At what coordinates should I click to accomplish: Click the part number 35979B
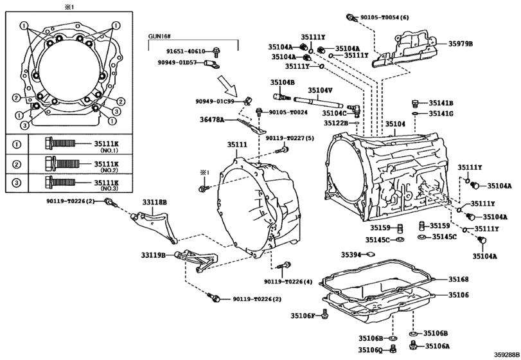click(461, 44)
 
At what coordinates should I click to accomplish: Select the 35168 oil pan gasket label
click(459, 279)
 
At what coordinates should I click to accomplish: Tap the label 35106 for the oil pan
click(459, 295)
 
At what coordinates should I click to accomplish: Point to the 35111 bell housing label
click(237, 145)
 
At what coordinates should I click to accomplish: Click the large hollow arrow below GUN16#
click(227, 85)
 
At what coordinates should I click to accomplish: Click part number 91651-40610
click(186, 51)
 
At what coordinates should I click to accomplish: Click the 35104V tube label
click(321, 91)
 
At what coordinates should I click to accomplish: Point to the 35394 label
click(351, 255)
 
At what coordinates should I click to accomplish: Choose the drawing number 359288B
click(507, 355)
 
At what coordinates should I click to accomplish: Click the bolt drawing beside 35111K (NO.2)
click(62, 163)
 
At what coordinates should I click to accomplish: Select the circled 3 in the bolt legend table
click(17, 183)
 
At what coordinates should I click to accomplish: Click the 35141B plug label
click(441, 104)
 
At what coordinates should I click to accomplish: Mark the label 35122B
click(336, 123)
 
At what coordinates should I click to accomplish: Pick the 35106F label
click(303, 316)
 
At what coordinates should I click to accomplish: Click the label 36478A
click(211, 120)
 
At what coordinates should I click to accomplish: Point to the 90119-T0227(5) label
click(290, 138)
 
